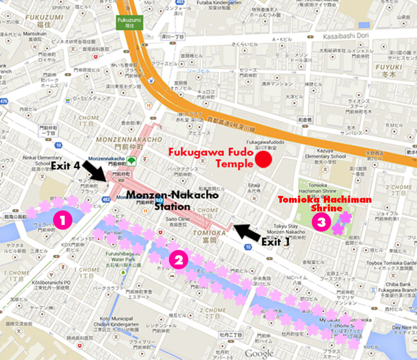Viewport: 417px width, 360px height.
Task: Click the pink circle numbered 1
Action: tap(63, 220)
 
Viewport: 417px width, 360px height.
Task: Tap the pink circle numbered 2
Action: tap(179, 261)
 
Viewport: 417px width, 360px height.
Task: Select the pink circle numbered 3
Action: tap(321, 222)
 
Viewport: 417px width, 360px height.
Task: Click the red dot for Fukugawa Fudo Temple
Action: tap(264, 159)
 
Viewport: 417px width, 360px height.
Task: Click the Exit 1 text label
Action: tap(276, 241)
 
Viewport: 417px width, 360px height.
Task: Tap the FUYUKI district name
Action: tap(389, 67)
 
